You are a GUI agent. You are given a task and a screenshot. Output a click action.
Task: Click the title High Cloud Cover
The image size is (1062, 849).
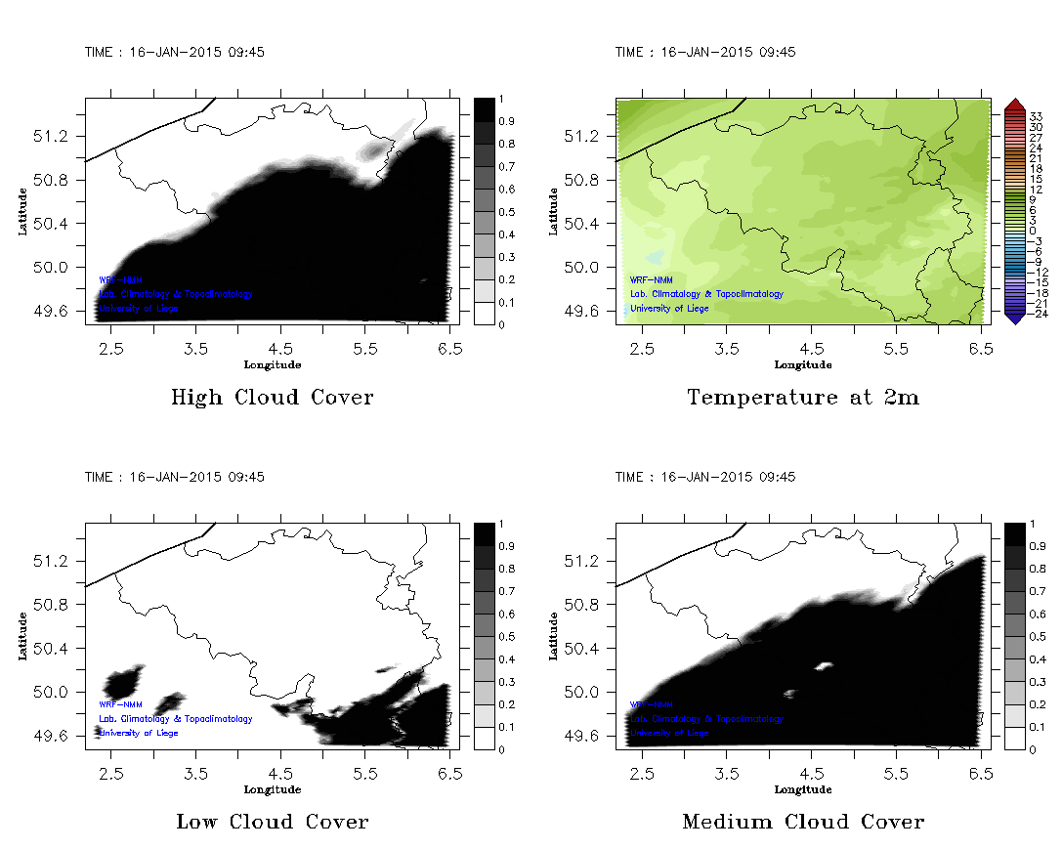coord(272,398)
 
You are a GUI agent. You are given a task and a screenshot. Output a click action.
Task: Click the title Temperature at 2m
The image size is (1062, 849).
coord(803,398)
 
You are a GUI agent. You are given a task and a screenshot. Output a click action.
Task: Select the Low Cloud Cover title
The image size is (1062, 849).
coord(272,822)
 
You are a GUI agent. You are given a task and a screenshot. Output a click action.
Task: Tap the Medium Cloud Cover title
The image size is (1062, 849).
coord(803,822)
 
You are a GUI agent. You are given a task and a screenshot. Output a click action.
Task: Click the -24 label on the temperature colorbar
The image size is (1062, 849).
coord(1040,314)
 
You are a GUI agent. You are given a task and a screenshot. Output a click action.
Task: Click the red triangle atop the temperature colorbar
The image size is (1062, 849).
coord(1014,104)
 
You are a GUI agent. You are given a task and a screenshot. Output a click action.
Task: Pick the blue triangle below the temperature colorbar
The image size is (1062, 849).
coord(1014,317)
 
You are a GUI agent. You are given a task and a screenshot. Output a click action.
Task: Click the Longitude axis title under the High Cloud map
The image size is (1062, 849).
coord(272,365)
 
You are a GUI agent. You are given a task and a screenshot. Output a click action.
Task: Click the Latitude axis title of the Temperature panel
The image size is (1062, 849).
coord(554,211)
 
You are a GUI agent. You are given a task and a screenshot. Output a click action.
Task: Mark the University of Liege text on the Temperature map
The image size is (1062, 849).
coord(669,309)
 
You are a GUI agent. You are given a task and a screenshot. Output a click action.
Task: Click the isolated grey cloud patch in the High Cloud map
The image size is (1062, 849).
coord(374,150)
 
